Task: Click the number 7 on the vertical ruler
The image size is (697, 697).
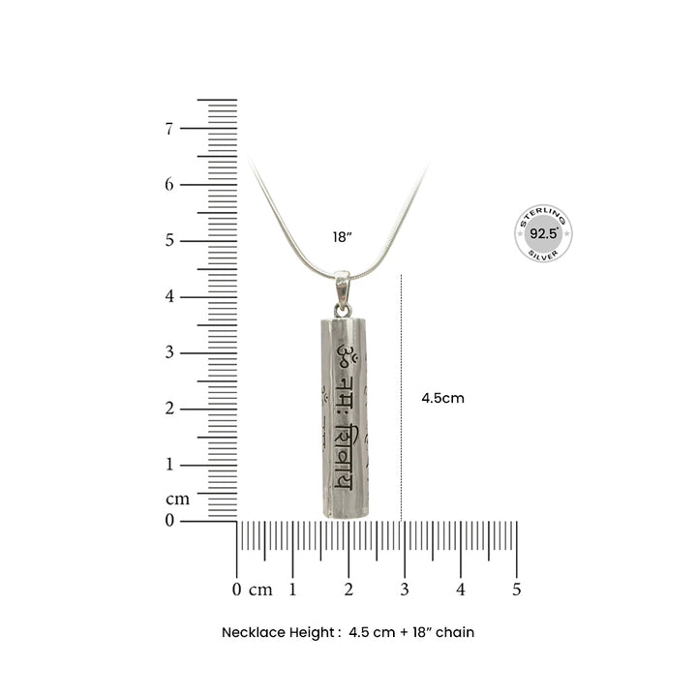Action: pos(168,128)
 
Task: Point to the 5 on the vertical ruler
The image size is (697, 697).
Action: pos(168,240)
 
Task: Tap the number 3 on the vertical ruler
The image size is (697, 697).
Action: pos(168,352)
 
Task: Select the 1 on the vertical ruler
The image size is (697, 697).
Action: pos(168,464)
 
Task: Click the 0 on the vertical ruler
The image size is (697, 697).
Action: pos(168,520)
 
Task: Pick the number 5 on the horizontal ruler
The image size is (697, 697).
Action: pos(516,590)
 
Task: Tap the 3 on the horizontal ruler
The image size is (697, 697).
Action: pos(405,590)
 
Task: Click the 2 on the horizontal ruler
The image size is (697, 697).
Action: pos(348,590)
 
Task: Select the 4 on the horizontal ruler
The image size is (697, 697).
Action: pos(461,590)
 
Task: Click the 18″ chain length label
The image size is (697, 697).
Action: pos(342,236)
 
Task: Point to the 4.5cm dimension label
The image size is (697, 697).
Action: pos(442,398)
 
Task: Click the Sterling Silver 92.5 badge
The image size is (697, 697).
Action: pos(543,233)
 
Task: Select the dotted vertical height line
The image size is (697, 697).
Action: pos(402,397)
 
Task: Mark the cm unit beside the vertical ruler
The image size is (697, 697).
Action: pos(177,500)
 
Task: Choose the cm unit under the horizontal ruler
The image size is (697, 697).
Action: pos(261,590)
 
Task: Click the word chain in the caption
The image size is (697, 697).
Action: pos(455,632)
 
